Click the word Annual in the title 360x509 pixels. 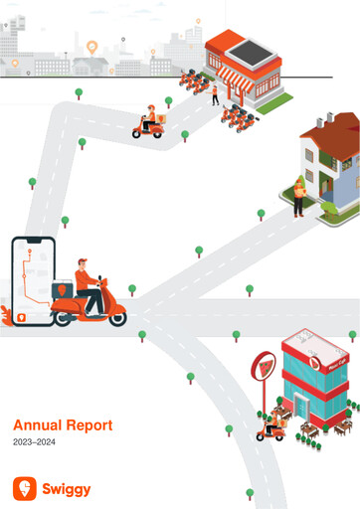click(37, 424)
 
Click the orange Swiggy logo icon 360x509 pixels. click(24, 488)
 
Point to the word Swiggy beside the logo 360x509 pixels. click(66, 488)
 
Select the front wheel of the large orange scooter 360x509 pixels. click(116, 317)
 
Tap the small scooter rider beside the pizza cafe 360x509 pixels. click(270, 427)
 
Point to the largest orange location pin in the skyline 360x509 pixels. click(91, 47)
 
